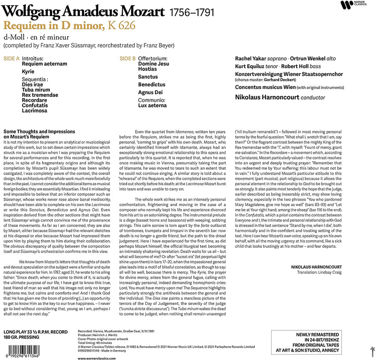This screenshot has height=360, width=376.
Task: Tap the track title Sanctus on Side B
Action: (148, 76)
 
